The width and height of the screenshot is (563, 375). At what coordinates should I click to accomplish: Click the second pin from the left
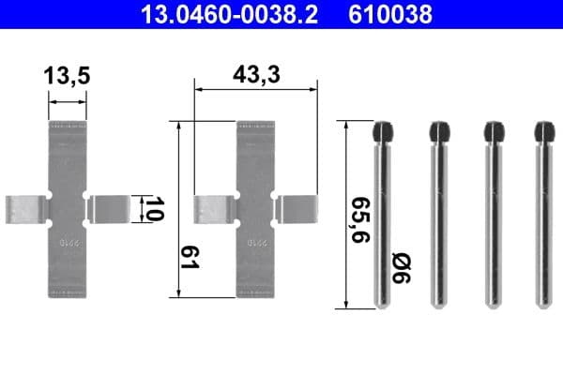tap(436, 220)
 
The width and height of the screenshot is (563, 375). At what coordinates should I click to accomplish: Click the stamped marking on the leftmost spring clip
tap(67, 243)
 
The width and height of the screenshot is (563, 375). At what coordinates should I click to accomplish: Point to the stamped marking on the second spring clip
tap(254, 243)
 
